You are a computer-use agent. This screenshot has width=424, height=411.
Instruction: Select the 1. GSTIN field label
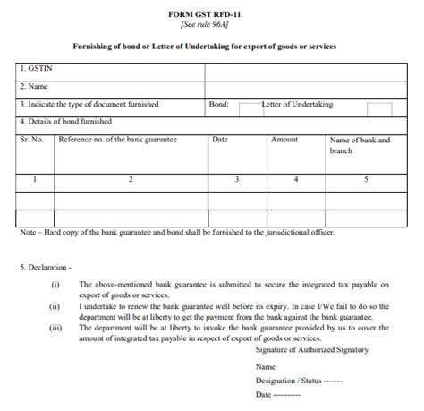pyautogui.click(x=36, y=68)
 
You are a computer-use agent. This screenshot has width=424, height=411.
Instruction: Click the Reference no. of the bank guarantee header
pyautogui.click(x=117, y=140)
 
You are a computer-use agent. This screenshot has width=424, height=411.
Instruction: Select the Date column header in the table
pyautogui.click(x=221, y=140)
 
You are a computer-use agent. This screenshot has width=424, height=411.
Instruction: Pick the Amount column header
pyautogui.click(x=284, y=140)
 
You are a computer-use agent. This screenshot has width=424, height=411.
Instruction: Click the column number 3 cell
pyautogui.click(x=237, y=180)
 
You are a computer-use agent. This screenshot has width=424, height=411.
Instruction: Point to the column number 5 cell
pyautogui.click(x=365, y=180)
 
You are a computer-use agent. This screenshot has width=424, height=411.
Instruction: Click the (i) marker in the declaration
pyautogui.click(x=55, y=284)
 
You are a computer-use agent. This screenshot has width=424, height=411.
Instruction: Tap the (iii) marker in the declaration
pyautogui.click(x=55, y=328)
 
